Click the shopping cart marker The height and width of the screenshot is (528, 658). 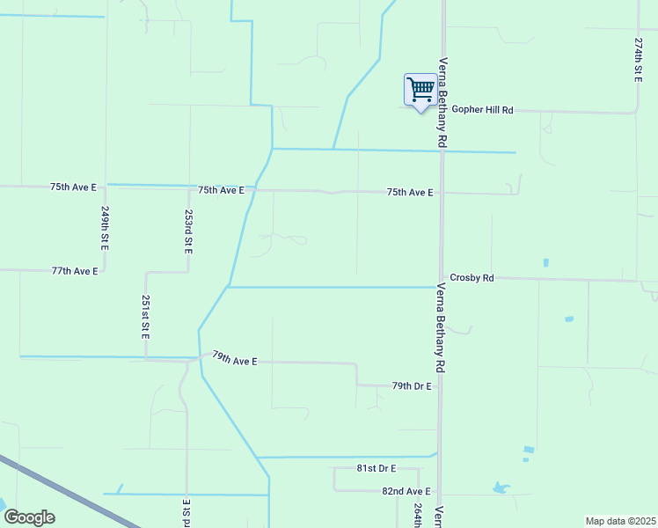(420, 90)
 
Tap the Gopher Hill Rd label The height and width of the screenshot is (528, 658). (482, 110)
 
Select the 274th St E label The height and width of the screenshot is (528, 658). (639, 60)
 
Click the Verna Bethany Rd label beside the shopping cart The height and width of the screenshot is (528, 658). (443, 102)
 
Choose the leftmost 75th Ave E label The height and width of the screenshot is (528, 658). (73, 187)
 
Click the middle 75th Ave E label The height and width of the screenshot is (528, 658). (221, 190)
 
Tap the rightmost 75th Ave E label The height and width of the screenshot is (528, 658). (410, 192)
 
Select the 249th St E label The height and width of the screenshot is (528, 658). (105, 229)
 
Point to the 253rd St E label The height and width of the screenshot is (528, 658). (188, 231)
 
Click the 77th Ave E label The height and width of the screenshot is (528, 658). (74, 271)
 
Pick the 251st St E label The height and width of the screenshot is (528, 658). (146, 318)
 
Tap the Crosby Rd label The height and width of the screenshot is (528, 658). (472, 277)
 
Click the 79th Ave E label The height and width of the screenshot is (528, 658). (234, 359)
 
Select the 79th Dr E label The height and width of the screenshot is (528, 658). (412, 386)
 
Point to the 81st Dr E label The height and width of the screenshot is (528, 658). (377, 468)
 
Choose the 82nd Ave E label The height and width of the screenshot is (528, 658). (406, 491)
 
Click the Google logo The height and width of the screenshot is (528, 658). (29, 517)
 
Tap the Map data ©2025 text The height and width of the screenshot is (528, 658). (620, 521)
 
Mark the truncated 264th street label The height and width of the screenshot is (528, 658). (418, 516)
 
